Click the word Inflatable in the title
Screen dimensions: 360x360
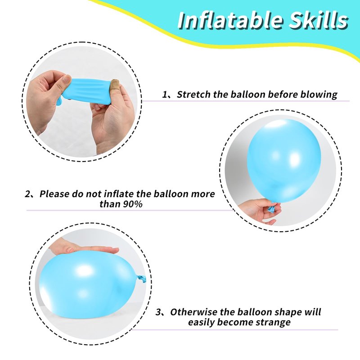click(x=231, y=20)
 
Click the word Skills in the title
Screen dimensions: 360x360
click(x=319, y=20)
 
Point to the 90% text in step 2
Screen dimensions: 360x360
click(x=133, y=204)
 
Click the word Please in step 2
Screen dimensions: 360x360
click(x=54, y=194)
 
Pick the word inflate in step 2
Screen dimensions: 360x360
click(x=119, y=194)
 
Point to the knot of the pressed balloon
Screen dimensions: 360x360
click(x=141, y=278)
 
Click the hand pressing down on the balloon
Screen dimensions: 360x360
click(x=83, y=247)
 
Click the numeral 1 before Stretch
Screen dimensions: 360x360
click(x=165, y=94)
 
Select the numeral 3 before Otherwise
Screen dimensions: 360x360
click(x=158, y=312)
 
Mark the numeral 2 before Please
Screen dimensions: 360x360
click(x=28, y=194)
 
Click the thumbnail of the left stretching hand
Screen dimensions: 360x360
click(x=66, y=79)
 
